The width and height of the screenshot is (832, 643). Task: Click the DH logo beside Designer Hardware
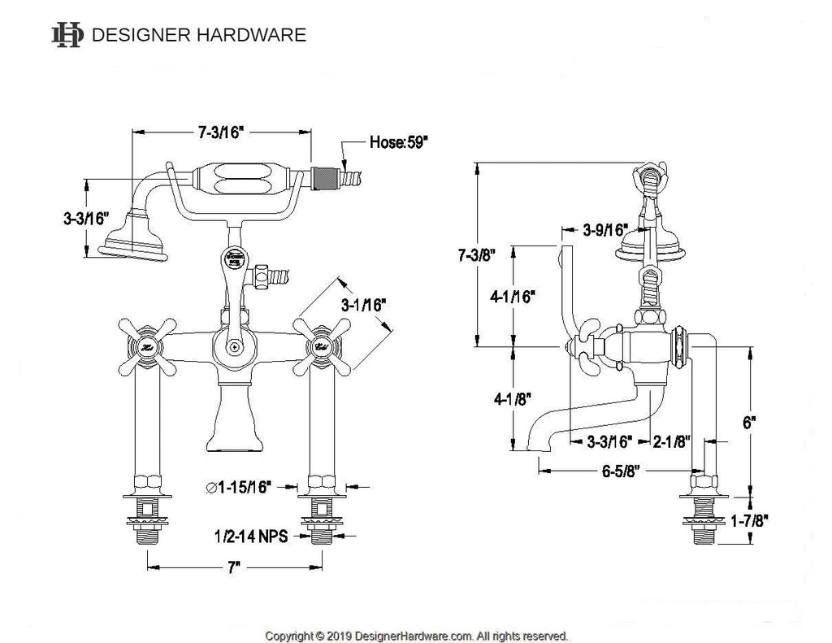point(67,35)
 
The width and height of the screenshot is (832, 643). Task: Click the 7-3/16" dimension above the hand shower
point(219,133)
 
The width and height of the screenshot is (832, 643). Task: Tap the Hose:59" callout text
point(399,141)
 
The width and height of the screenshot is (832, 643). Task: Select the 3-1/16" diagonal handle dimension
point(363,305)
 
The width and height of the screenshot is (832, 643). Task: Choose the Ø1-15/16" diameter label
point(239,487)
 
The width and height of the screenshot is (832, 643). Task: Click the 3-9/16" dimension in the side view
point(604,230)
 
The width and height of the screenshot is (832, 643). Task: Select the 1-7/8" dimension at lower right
point(748,519)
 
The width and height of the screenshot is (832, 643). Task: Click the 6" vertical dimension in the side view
point(749,423)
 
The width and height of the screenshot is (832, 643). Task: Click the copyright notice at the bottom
point(417,635)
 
